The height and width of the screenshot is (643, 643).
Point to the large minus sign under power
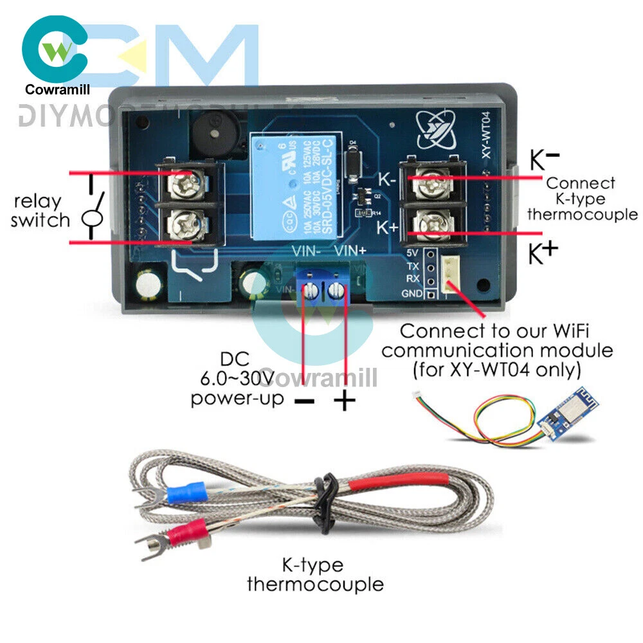click(304, 402)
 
